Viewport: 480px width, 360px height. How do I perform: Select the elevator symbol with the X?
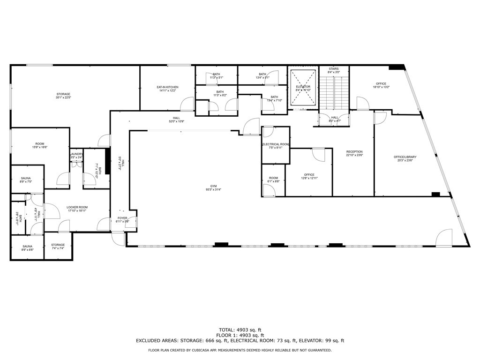click(x=303, y=88)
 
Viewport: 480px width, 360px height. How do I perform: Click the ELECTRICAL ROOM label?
click(x=276, y=144)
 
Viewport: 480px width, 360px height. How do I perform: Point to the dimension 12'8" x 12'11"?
click(x=309, y=178)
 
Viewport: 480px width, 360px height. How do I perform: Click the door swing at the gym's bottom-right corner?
click(x=443, y=238)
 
